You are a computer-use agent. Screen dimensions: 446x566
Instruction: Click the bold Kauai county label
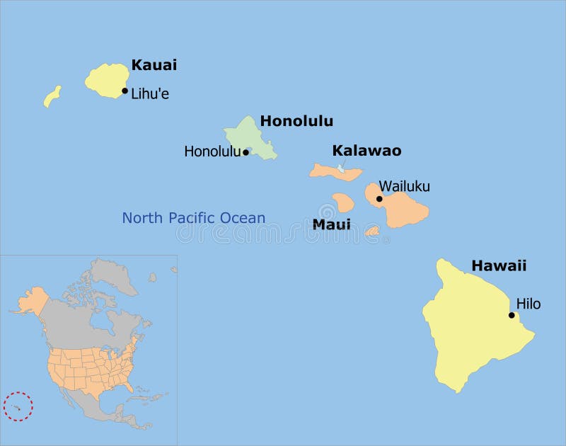154,65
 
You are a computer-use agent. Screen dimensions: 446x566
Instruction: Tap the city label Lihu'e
150,93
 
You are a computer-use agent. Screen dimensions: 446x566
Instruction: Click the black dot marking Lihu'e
125,91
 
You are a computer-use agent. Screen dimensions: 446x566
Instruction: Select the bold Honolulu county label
296,121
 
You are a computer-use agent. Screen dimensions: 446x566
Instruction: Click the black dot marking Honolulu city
246,152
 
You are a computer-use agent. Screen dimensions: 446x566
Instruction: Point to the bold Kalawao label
366,151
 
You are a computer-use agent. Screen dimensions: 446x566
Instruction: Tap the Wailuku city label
404,187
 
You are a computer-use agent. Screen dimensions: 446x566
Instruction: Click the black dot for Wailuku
379,199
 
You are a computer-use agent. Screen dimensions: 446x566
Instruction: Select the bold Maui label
331,224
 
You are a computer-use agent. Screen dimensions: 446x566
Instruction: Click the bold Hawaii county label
499,266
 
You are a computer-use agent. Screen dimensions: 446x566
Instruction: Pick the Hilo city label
528,304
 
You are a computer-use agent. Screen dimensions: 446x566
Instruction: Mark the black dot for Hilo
512,315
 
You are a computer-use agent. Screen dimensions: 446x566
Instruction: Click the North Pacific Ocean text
193,218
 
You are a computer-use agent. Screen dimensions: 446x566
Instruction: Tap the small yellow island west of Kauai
52,96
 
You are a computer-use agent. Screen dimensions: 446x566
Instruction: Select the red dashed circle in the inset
18,406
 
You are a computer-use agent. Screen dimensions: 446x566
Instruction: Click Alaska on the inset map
31,301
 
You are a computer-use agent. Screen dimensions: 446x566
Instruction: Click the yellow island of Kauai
106,79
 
